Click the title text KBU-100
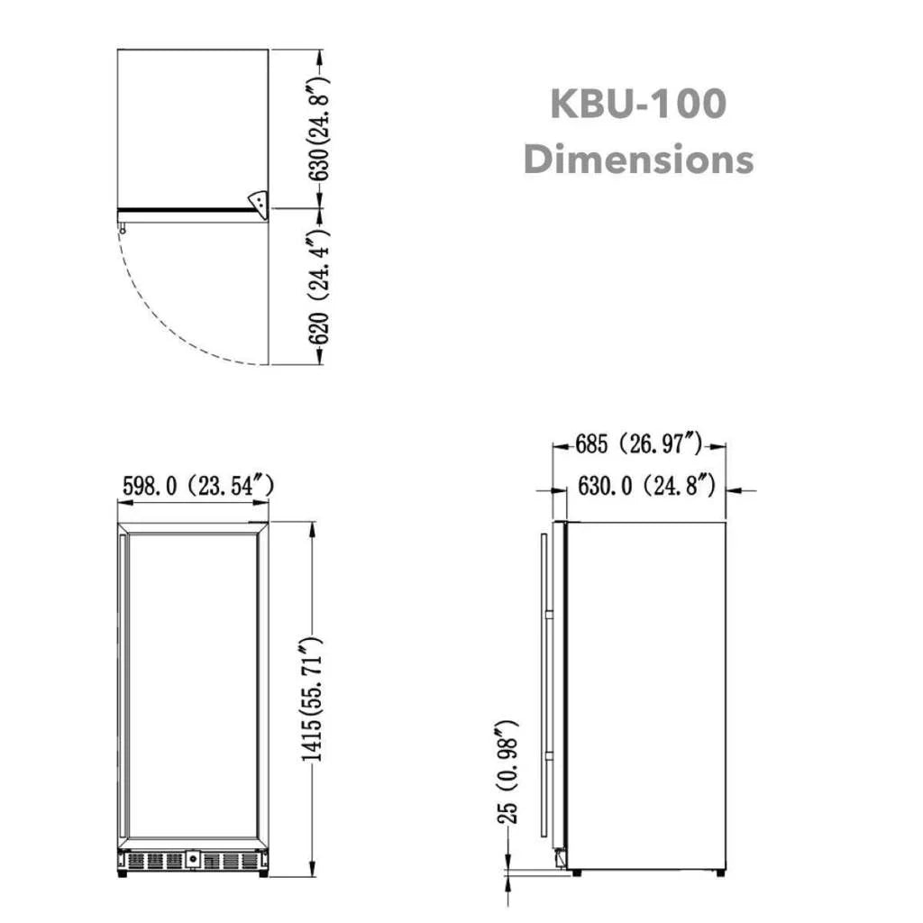tap(637, 104)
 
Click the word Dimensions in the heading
tap(637, 160)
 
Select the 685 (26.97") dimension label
tap(638, 443)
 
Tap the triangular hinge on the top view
tap(260, 203)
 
